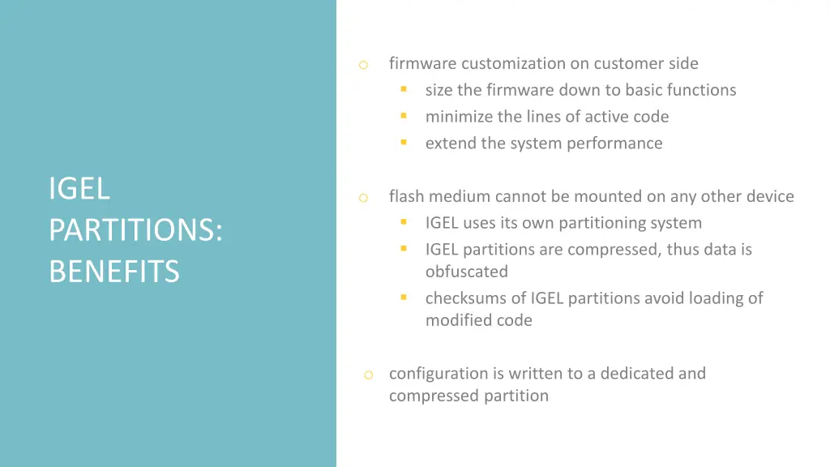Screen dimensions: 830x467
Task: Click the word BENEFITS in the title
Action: tap(113, 272)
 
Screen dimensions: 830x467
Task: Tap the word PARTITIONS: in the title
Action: tap(135, 230)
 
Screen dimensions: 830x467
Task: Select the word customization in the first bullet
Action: tap(512, 63)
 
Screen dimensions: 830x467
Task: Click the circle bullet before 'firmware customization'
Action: tap(364, 65)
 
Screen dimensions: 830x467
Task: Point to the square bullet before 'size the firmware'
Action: tap(403, 90)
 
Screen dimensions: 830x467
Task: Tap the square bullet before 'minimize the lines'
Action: tap(403, 117)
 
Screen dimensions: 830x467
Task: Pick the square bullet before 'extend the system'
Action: tap(403, 144)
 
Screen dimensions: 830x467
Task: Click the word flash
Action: tap(407, 196)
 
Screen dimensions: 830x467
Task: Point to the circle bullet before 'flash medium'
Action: tap(364, 198)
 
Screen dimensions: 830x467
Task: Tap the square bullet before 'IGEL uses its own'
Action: tap(403, 223)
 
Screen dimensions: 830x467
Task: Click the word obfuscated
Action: tap(467, 272)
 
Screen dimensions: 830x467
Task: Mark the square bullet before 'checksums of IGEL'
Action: tap(403, 298)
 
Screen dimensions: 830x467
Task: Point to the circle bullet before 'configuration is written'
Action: tap(368, 375)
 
